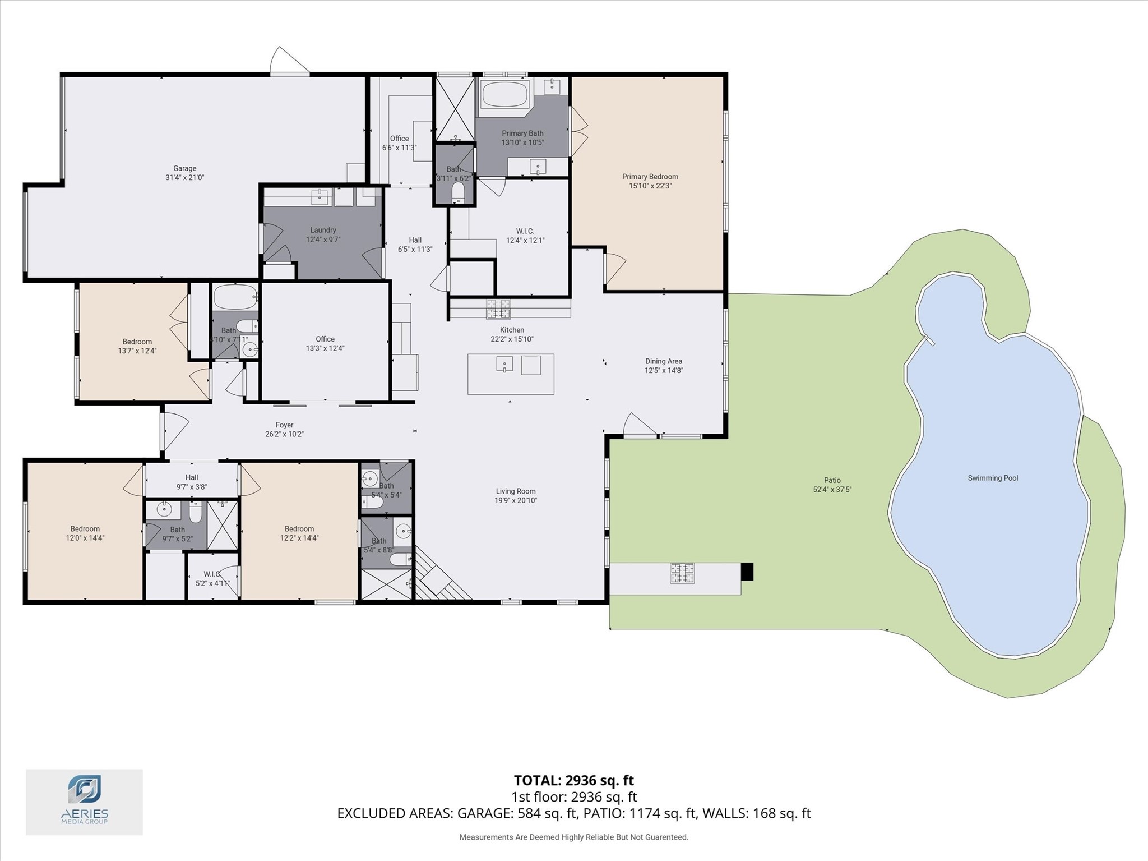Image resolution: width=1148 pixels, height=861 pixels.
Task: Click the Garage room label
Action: (184, 168)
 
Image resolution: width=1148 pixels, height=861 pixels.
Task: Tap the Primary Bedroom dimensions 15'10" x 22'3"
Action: (650, 186)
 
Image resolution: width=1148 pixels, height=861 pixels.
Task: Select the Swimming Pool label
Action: (992, 478)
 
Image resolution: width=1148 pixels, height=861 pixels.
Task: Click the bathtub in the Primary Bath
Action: (504, 94)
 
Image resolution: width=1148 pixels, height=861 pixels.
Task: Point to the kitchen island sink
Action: (504, 365)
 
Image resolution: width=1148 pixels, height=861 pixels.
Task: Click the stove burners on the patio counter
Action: (682, 573)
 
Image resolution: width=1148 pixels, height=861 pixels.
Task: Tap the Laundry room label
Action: (323, 230)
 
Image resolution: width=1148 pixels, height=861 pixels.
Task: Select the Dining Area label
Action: (663, 361)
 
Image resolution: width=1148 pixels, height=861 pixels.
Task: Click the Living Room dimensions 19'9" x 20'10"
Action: (515, 500)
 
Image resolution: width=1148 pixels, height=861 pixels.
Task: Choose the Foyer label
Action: (284, 425)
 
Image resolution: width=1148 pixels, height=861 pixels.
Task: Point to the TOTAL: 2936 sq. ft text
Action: (573, 780)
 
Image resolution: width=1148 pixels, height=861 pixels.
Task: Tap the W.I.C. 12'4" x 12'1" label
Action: (525, 236)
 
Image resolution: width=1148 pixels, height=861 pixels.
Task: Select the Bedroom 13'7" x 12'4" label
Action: (137, 346)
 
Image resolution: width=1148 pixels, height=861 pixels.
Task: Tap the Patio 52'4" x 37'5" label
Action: (832, 485)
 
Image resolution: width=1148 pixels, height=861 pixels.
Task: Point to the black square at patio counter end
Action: (747, 572)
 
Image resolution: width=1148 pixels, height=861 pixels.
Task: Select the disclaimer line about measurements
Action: (573, 837)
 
